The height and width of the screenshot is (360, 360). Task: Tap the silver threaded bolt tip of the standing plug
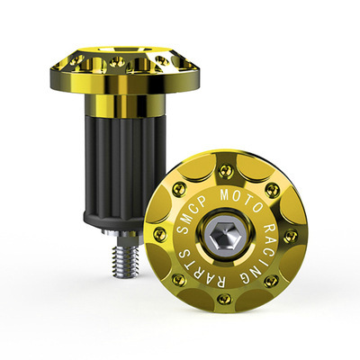tap(125, 259)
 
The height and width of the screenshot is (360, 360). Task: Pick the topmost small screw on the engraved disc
tap(225, 171)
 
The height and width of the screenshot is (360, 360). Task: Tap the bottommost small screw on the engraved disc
tap(224, 299)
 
